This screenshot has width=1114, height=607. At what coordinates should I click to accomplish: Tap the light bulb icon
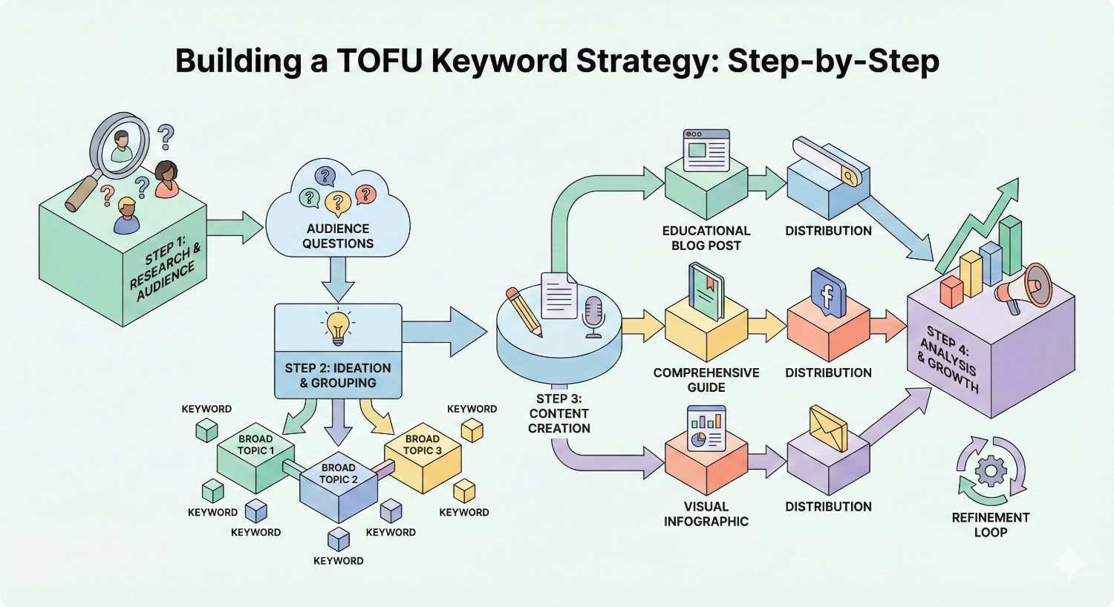pos(338,327)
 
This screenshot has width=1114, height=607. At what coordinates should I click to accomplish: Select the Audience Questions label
pos(338,236)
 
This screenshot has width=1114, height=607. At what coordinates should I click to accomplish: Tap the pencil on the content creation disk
pos(524,312)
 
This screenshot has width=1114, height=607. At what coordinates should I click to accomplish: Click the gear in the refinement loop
pos(991,470)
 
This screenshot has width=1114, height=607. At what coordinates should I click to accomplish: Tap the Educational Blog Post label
pos(706,238)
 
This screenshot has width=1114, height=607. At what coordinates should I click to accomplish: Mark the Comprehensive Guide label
pos(706,380)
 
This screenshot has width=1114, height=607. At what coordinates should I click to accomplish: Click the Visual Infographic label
pos(706,514)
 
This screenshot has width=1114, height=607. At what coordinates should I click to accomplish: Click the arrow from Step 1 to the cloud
pos(235,226)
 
